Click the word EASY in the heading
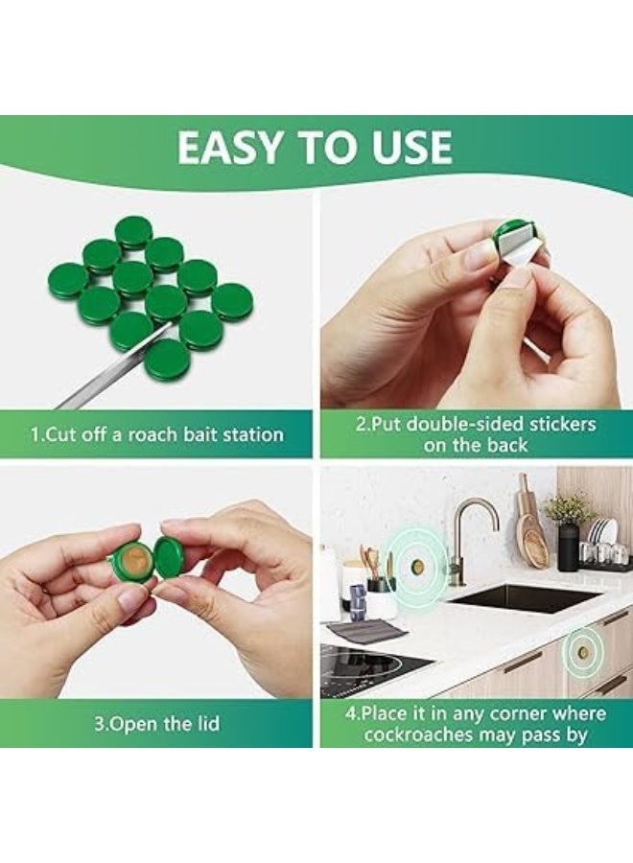(231, 147)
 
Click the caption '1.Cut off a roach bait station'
(157, 434)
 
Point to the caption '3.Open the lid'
(157, 723)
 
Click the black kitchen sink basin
(523, 598)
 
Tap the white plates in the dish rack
(601, 535)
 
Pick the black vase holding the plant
(568, 544)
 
